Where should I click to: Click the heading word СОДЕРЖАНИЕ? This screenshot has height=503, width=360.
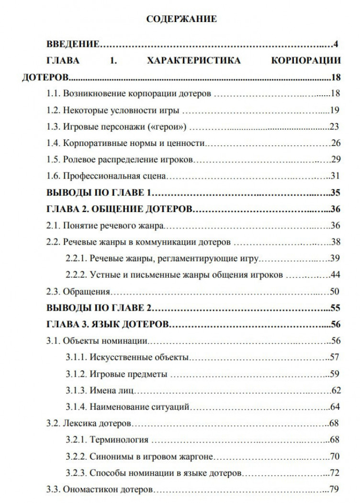[181, 19]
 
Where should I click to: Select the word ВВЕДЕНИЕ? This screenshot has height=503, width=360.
[73, 45]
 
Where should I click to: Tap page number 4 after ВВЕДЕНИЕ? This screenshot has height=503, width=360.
[336, 45]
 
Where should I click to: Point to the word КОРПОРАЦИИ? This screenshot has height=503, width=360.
[306, 61]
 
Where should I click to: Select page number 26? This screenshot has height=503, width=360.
[335, 143]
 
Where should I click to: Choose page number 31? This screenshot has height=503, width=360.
[335, 176]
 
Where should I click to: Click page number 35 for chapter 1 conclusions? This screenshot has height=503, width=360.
[335, 193]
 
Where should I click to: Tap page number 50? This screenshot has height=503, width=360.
[335, 291]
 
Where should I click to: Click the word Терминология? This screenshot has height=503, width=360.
[119, 440]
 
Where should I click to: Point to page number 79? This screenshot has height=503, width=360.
[334, 490]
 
